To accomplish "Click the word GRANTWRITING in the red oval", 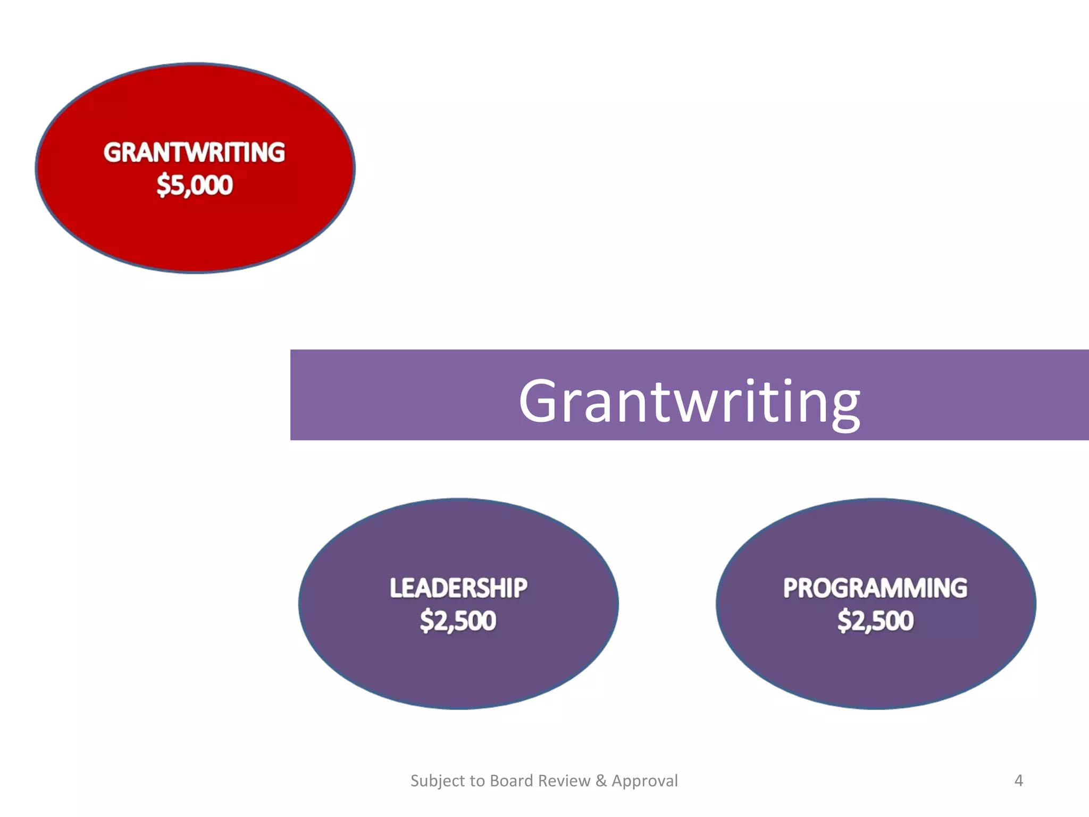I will [x=194, y=153].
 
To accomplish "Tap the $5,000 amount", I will [x=195, y=185].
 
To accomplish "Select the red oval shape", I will [x=195, y=234].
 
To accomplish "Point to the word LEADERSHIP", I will [x=458, y=588].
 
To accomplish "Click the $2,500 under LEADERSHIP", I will [x=458, y=621].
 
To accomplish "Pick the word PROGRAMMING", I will [x=875, y=588].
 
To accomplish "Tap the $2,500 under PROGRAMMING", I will [x=875, y=621].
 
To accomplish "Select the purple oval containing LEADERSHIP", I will [x=458, y=670].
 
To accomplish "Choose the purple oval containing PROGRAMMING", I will [x=875, y=670].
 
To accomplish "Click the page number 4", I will [x=1018, y=780].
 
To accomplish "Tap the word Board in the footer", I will [x=511, y=780].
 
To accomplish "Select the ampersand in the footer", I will [x=601, y=780].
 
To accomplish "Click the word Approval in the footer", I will [x=644, y=781].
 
